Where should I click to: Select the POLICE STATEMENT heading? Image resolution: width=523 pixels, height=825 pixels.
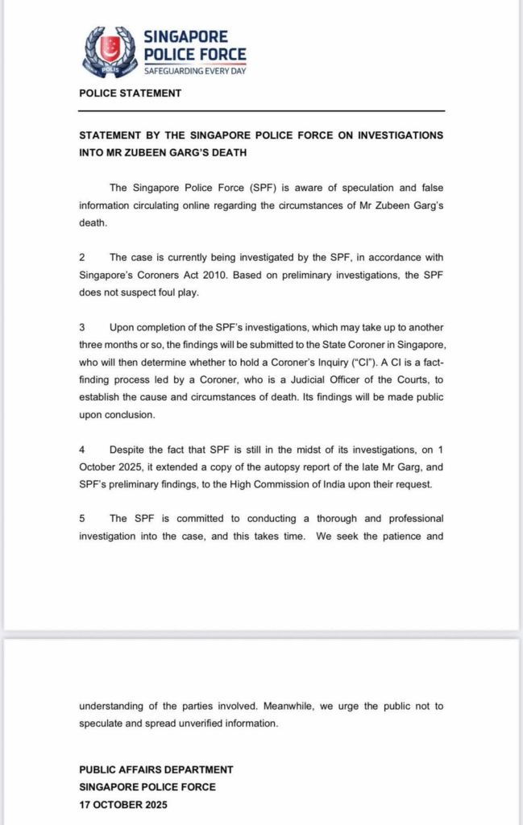point(130,93)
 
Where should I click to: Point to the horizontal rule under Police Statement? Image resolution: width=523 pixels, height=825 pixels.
point(262,110)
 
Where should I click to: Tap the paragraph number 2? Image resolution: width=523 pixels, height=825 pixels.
point(82,257)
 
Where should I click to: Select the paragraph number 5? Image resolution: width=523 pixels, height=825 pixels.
point(82,518)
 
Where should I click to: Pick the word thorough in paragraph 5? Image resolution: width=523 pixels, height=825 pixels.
point(342,518)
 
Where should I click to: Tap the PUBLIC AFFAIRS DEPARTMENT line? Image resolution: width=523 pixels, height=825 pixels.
point(156,769)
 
